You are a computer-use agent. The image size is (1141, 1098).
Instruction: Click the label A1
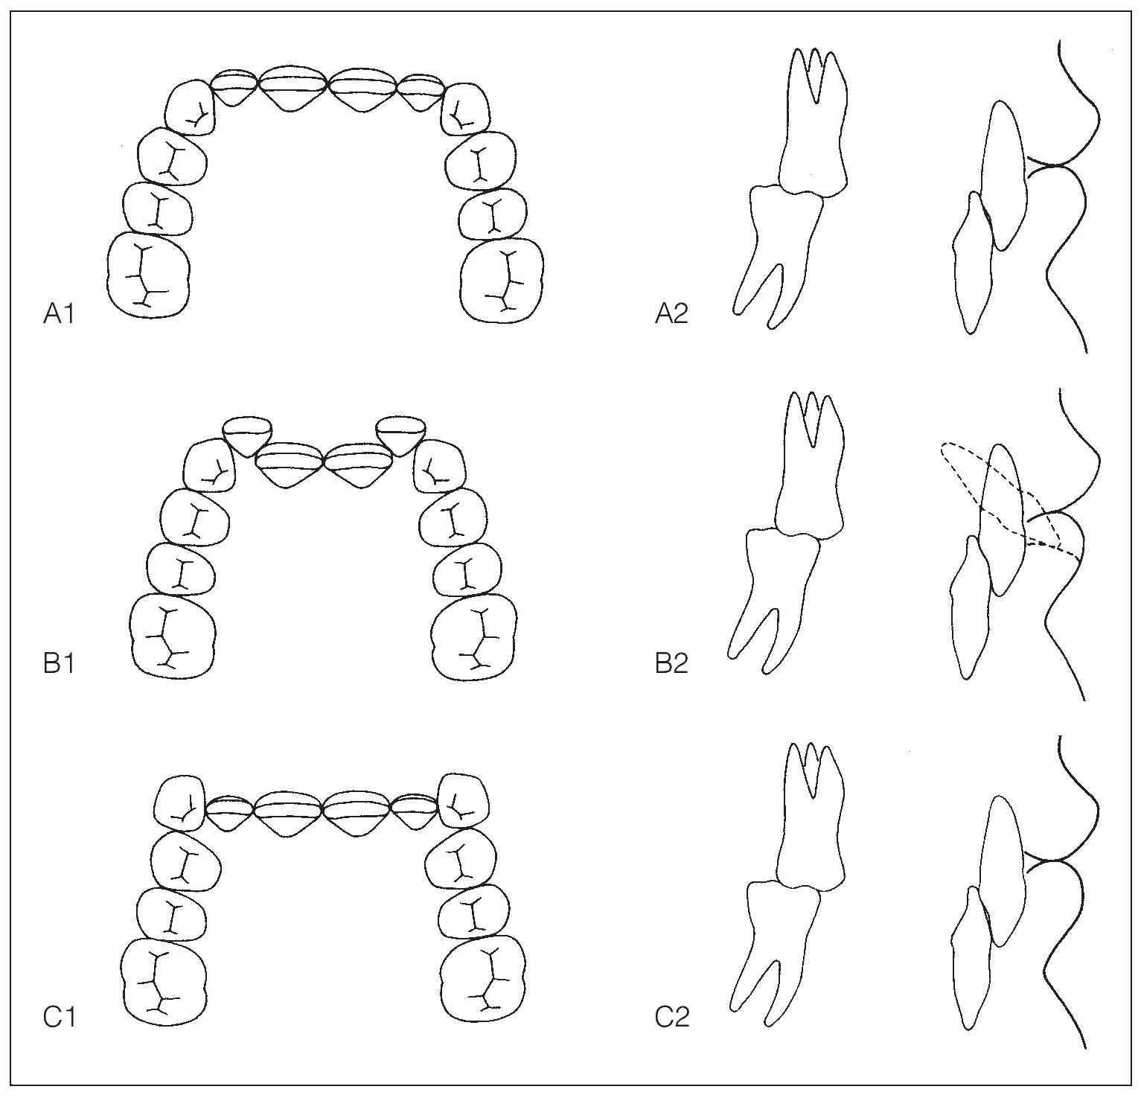point(59,315)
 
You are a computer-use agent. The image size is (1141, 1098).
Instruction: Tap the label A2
point(671,315)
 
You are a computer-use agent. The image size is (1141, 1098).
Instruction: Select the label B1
point(59,663)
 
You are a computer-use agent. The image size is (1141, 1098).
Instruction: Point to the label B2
point(671,663)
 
